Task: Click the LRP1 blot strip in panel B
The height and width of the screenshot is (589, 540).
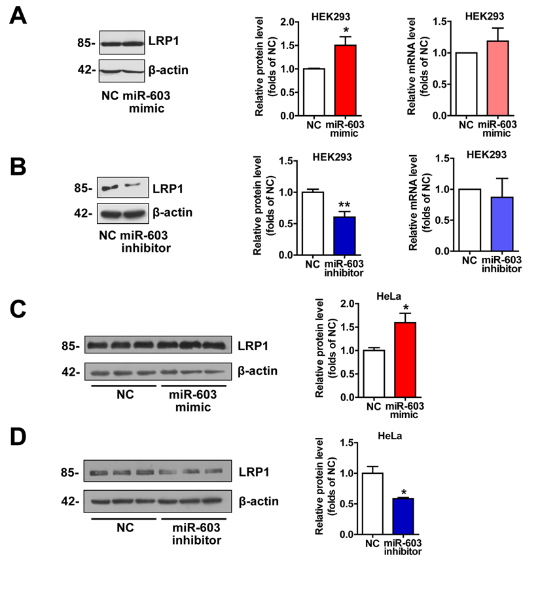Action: [121, 188]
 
